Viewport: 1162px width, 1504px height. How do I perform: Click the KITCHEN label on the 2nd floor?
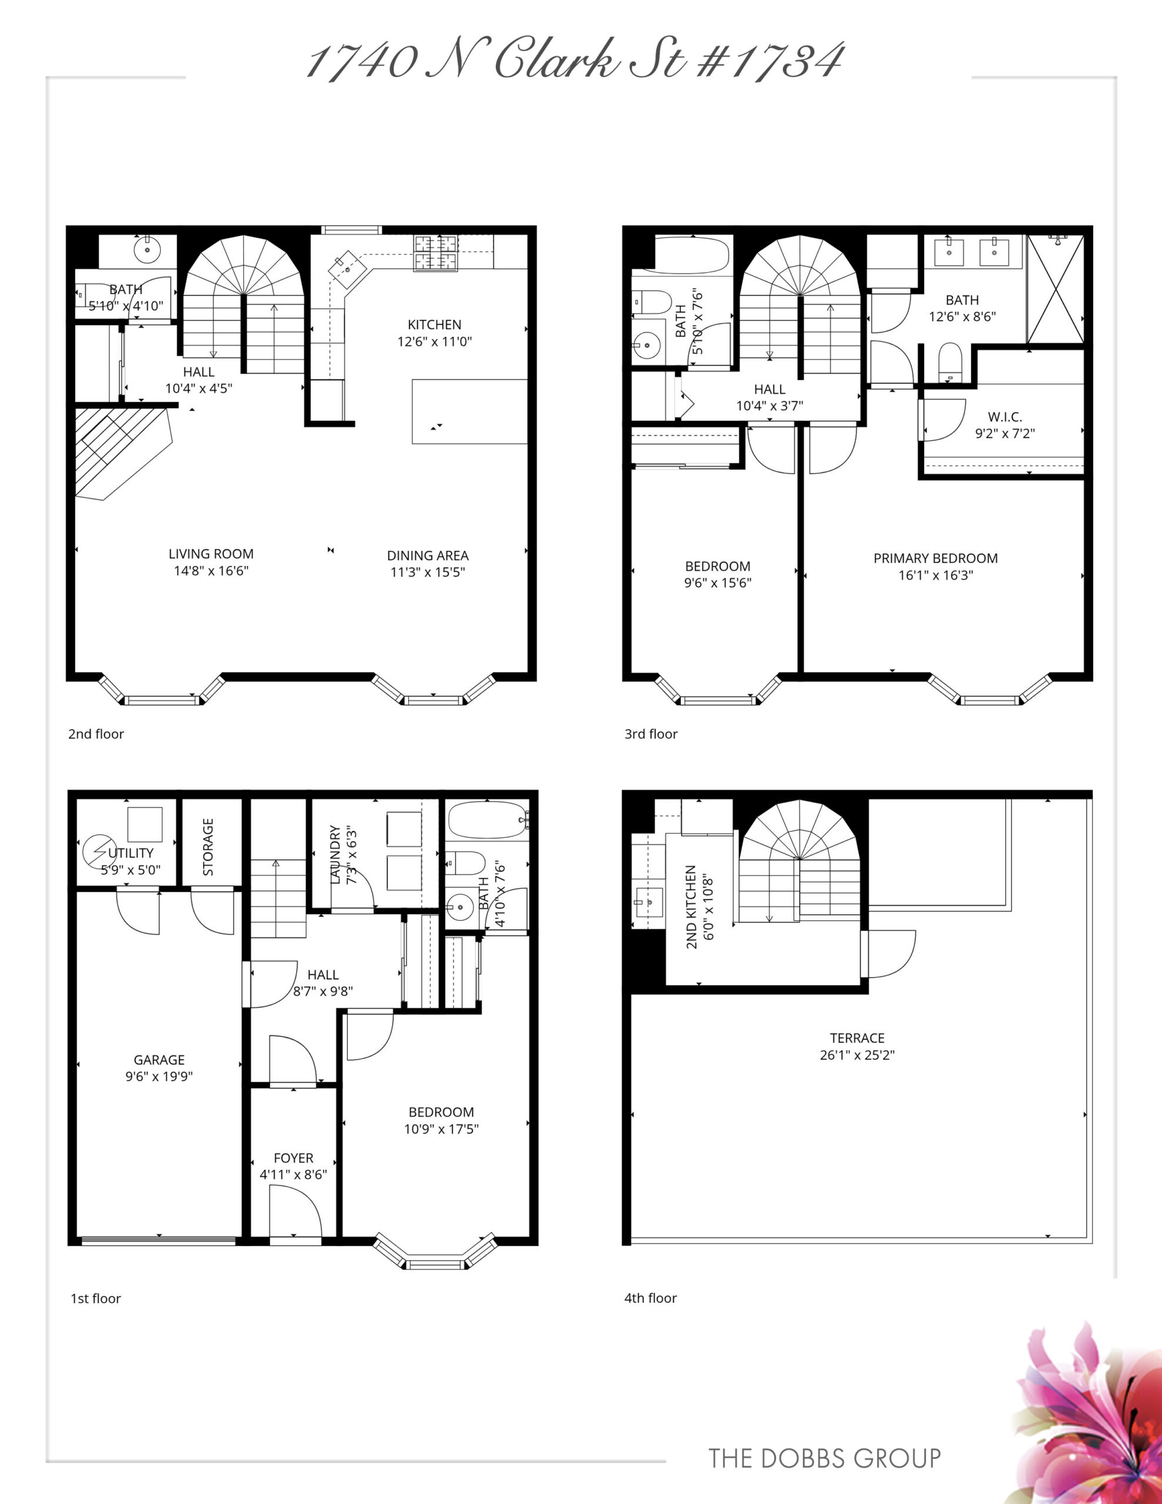coord(435,324)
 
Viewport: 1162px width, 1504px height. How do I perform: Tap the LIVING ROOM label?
coord(211,553)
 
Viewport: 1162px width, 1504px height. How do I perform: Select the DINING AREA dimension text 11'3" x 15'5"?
coord(428,572)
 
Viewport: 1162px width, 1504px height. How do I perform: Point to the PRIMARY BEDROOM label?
coord(935,559)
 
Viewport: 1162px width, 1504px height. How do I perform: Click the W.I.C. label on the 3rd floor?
coord(1005,417)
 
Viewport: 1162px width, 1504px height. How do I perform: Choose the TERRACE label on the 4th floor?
coord(857,1038)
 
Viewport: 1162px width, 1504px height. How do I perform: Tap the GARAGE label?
coord(159,1060)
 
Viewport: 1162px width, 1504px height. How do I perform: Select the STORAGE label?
coord(208,847)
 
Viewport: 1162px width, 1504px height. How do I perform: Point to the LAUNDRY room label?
coord(335,854)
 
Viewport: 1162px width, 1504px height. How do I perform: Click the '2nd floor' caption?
coord(96,734)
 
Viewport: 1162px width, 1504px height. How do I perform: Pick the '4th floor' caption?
coord(650,1298)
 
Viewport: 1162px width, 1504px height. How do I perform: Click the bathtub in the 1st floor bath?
coord(488,820)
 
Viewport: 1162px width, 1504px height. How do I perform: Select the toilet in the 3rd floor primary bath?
coord(950,361)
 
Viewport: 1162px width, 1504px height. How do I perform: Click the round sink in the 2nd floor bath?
coord(147,249)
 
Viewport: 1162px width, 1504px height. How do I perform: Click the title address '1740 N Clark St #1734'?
coord(575,61)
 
